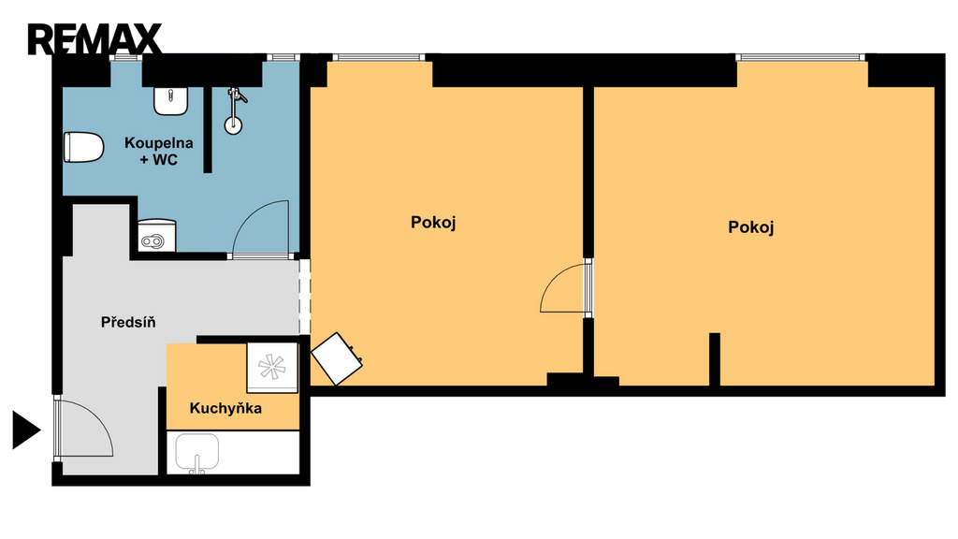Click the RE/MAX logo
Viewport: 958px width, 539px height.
point(94,39)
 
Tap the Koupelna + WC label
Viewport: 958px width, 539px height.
point(159,151)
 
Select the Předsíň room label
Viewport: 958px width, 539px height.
point(128,322)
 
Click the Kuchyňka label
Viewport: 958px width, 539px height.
point(225,408)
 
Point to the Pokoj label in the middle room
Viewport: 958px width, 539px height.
point(433,223)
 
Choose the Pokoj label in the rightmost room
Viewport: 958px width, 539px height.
point(751,227)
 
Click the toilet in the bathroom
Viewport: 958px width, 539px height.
point(83,147)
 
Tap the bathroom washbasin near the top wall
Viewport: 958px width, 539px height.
point(170,101)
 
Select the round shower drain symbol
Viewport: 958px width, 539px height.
point(233,126)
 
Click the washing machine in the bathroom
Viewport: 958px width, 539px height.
point(157,236)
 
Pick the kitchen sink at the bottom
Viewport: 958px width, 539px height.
point(196,454)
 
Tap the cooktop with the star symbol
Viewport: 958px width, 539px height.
point(272,367)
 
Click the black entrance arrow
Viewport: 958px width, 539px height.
point(26,430)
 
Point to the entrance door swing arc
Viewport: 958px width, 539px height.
point(97,415)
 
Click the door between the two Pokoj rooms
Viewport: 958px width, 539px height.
point(566,287)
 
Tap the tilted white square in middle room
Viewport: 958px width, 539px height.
point(337,358)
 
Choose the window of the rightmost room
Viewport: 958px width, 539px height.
point(801,57)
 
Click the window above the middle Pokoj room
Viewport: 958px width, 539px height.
point(378,57)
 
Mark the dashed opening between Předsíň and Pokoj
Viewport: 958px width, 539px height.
point(304,297)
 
